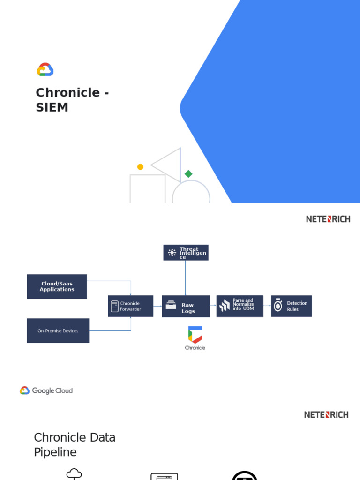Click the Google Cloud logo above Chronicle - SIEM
tap(45, 70)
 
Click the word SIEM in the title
tap(52, 107)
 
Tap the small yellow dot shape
tap(140, 167)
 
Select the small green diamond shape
tap(188, 174)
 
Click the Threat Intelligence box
tap(186, 253)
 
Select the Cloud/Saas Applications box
tap(57, 286)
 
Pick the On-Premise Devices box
tap(58, 330)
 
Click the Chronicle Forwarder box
tap(130, 306)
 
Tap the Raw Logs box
tap(186, 306)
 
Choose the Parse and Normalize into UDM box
tap(240, 306)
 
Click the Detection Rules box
tap(291, 306)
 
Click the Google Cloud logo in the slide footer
tap(46, 390)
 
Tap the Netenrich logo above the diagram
tap(328, 219)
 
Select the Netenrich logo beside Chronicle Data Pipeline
tap(326, 415)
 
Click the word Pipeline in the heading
tap(55, 452)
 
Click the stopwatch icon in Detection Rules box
tap(278, 306)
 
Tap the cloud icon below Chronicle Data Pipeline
tap(74, 473)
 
